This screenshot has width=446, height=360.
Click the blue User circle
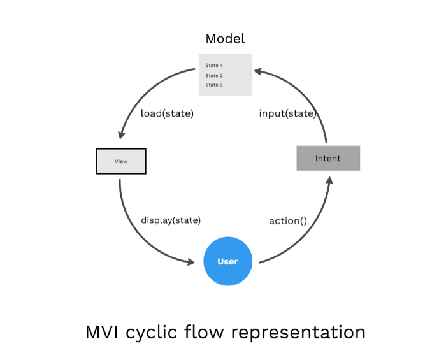coord(227,261)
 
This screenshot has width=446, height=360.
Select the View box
coord(121,161)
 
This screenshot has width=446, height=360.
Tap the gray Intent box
coord(328,158)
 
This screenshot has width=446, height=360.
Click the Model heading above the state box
coord(225,39)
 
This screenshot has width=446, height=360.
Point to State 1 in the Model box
coord(213,65)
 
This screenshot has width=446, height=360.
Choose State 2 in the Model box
coord(213,75)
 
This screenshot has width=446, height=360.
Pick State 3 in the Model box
coord(213,85)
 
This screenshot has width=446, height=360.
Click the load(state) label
coord(167,113)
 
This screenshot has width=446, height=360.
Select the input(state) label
coord(287,113)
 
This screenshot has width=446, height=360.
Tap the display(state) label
coord(171,220)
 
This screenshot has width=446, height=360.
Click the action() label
coord(288,221)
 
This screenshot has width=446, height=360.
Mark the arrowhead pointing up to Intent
coord(329,180)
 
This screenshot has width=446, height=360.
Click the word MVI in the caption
coord(103,332)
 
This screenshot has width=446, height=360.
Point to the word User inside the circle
coord(227,261)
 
